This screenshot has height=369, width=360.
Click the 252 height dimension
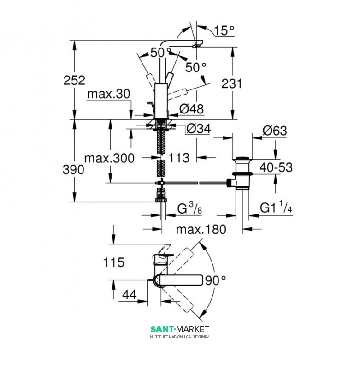[74, 80]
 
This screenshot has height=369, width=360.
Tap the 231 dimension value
[231, 84]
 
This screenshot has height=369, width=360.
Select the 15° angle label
[224, 31]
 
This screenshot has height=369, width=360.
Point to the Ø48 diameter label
[191, 109]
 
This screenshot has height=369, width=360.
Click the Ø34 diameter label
[199, 129]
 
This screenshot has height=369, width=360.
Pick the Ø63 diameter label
[275, 131]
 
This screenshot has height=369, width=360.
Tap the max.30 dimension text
[109, 94]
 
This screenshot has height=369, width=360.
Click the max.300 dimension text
[109, 158]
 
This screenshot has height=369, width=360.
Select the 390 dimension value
[73, 170]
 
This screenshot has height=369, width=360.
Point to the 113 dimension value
[179, 158]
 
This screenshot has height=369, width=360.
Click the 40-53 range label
[276, 167]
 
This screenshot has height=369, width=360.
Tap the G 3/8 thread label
[189, 208]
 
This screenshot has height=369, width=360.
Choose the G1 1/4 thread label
[276, 207]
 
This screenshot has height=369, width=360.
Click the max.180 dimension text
[201, 229]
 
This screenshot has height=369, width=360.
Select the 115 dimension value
[114, 262]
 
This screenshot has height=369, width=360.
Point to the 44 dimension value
[130, 295]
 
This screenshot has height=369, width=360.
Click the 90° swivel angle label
[215, 280]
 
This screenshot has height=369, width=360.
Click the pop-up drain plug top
[242, 158]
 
